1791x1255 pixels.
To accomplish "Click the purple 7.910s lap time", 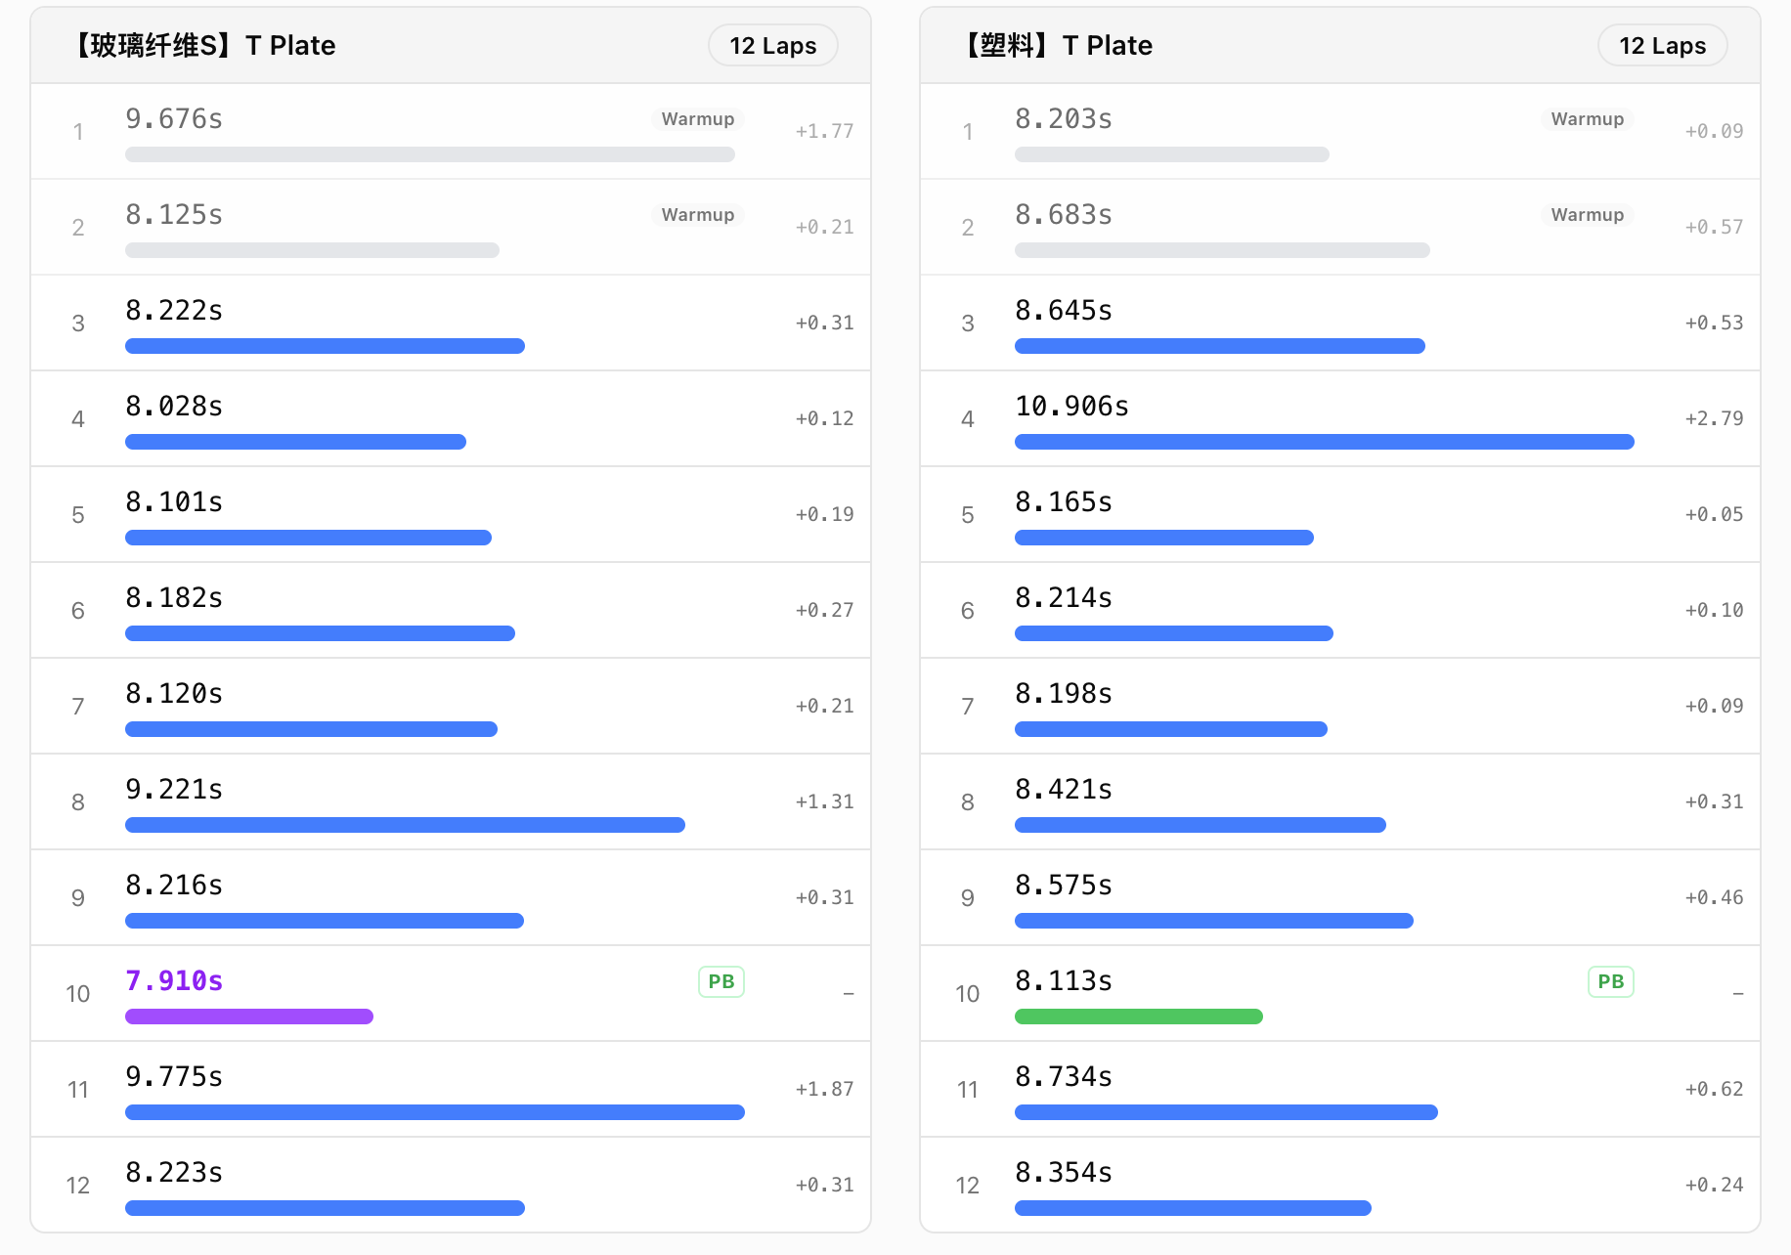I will [x=174, y=980].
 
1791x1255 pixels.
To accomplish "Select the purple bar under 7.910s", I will [x=249, y=1017].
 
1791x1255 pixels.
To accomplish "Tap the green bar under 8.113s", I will [x=1139, y=1017].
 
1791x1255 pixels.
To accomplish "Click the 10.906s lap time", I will [x=1071, y=406].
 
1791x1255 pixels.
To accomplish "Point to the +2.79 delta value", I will [x=1714, y=418].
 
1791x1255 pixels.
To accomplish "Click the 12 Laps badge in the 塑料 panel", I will [x=1662, y=46].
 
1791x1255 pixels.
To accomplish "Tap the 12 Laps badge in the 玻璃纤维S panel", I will [x=772, y=46].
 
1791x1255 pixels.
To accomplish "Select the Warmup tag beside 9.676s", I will [x=697, y=119].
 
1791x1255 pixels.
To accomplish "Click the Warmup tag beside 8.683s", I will [x=1587, y=215].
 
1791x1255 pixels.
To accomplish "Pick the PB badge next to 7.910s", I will [x=721, y=981].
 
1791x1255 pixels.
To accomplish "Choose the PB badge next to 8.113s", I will [x=1611, y=981].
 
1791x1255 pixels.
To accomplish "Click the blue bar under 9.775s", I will [x=435, y=1112].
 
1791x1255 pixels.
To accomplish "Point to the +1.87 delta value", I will [x=824, y=1089].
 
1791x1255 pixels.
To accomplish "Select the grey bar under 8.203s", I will [x=1172, y=154].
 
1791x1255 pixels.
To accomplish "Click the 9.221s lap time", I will [x=174, y=789].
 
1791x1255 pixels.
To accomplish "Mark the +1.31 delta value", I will [x=824, y=801].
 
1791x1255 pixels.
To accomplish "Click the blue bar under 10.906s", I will [x=1325, y=442].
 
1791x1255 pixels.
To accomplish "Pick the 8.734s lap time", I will [x=1064, y=1076].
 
